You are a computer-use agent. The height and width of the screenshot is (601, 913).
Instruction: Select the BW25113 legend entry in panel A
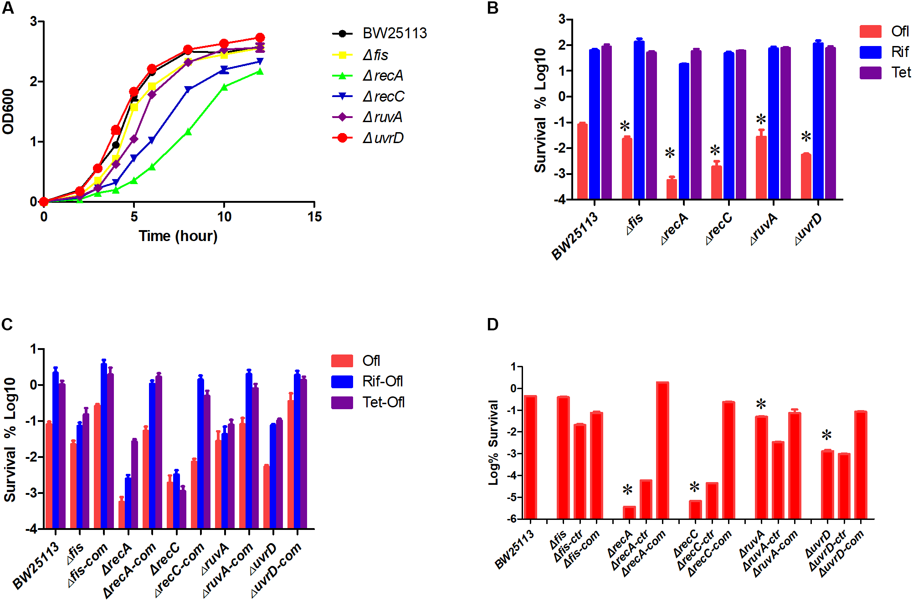(x=395, y=33)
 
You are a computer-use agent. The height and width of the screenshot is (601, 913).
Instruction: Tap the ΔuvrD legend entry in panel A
(x=383, y=138)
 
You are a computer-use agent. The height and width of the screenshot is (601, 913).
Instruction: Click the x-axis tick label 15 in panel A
(x=314, y=217)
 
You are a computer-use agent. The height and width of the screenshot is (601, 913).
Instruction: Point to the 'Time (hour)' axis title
(x=178, y=236)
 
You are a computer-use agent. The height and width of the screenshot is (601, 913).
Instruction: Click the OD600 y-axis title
(x=8, y=112)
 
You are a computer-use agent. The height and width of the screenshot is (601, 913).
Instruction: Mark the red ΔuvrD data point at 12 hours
(x=260, y=38)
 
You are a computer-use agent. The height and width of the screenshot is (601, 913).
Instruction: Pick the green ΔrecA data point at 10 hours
(x=224, y=87)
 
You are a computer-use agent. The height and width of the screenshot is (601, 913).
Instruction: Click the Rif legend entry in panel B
(x=900, y=52)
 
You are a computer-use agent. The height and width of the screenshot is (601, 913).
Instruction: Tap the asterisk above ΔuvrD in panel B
(x=806, y=137)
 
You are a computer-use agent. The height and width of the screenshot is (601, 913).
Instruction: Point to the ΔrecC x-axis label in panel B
(x=719, y=228)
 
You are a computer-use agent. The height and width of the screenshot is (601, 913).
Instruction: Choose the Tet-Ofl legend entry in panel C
(x=383, y=402)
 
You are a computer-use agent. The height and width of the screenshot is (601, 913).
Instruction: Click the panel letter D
(x=492, y=324)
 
